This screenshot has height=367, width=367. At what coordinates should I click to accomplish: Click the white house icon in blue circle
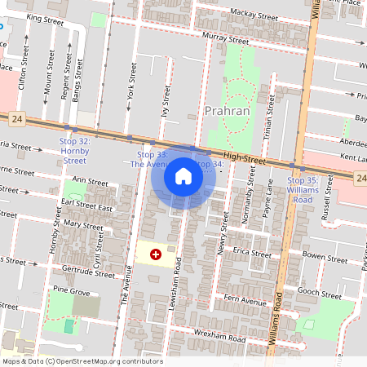tap(183, 175)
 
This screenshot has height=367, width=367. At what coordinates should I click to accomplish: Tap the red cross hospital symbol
tap(156, 255)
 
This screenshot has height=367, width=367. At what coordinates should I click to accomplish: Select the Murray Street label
tap(226, 38)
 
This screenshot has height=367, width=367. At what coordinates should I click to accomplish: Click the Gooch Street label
tap(320, 294)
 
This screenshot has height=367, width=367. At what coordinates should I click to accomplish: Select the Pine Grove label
tap(71, 290)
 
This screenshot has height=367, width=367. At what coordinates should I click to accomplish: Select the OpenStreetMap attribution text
tap(82, 361)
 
